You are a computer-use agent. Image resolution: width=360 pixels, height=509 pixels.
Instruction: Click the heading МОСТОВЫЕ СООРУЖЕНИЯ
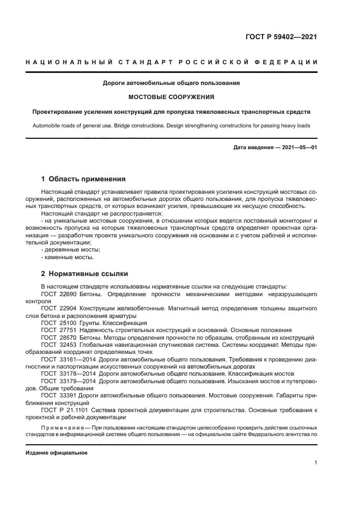tap(171, 97)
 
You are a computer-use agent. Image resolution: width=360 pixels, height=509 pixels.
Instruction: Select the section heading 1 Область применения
tap(84, 179)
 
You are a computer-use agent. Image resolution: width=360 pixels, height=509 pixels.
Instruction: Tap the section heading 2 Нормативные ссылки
tap(84, 274)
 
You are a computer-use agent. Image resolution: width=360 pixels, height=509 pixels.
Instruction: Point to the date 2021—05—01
tap(297, 148)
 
